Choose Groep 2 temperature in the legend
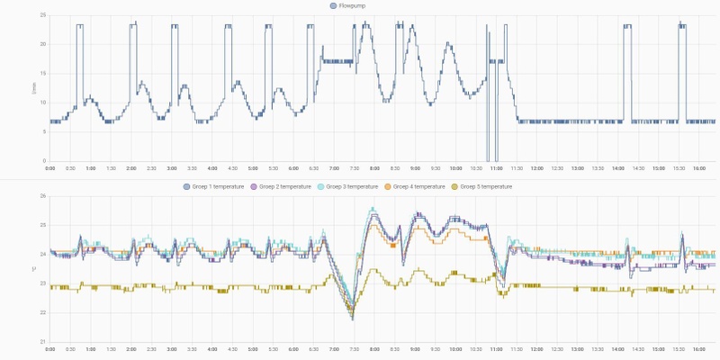click(x=280, y=186)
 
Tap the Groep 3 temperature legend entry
click(x=346, y=186)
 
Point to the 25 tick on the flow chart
click(x=42, y=15)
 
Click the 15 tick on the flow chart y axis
click(x=42, y=74)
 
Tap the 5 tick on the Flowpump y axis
click(x=43, y=132)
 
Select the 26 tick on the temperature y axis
click(x=42, y=196)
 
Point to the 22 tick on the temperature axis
click(x=42, y=312)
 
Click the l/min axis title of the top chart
click(x=35, y=88)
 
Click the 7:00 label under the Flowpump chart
click(x=334, y=167)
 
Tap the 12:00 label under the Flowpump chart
click(x=536, y=167)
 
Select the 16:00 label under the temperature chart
click(x=698, y=348)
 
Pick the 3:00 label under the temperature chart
click(x=172, y=348)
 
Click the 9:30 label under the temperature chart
click(x=436, y=348)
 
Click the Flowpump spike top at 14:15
click(x=627, y=26)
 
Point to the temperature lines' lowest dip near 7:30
click(x=352, y=317)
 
